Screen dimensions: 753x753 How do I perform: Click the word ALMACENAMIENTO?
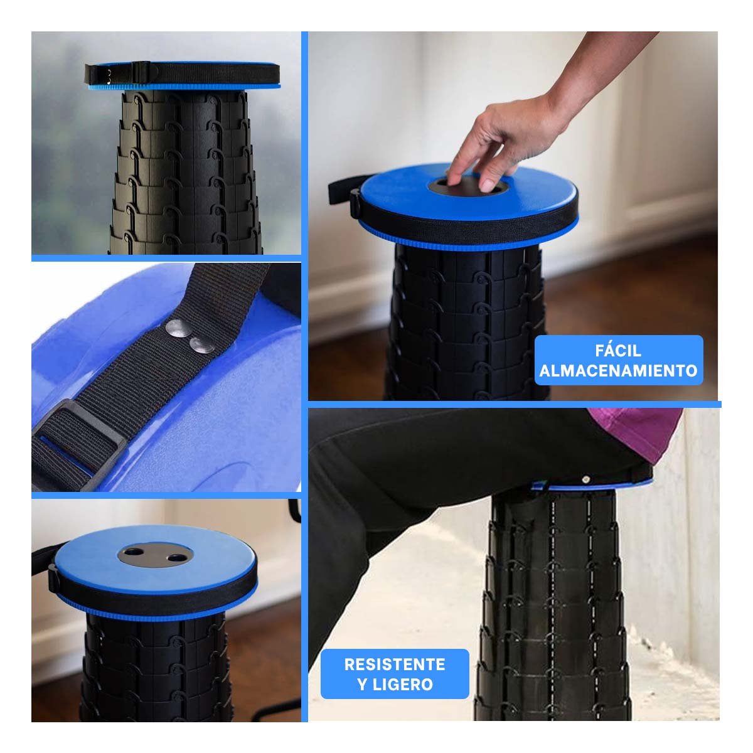pos(618,370)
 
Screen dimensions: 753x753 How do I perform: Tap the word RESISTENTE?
pos(394,665)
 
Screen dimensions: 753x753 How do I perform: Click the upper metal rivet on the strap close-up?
pos(178,328)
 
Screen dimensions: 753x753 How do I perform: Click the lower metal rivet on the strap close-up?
pos(201,344)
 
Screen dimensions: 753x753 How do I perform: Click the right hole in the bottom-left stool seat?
pos(176,558)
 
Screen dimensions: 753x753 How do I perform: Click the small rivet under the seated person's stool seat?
pos(585,479)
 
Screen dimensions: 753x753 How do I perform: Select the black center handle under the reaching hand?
pos(467,187)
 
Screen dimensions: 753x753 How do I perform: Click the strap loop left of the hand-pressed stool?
pos(344,190)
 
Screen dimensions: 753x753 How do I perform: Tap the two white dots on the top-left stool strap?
pos(108,75)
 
